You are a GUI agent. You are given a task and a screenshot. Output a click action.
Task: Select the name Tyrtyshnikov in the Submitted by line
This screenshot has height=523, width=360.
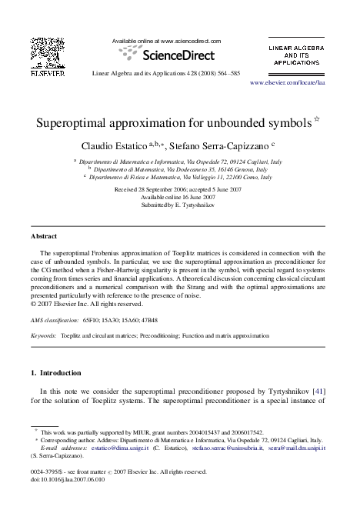(x=195, y=206)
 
